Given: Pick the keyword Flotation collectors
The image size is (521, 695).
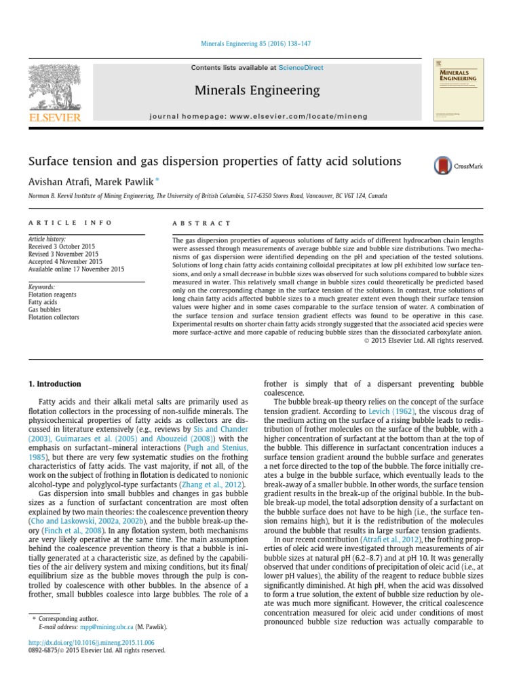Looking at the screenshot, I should (x=53, y=317).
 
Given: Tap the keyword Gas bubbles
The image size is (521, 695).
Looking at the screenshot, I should (x=44, y=309).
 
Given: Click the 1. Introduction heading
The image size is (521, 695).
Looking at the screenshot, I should (x=54, y=384).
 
